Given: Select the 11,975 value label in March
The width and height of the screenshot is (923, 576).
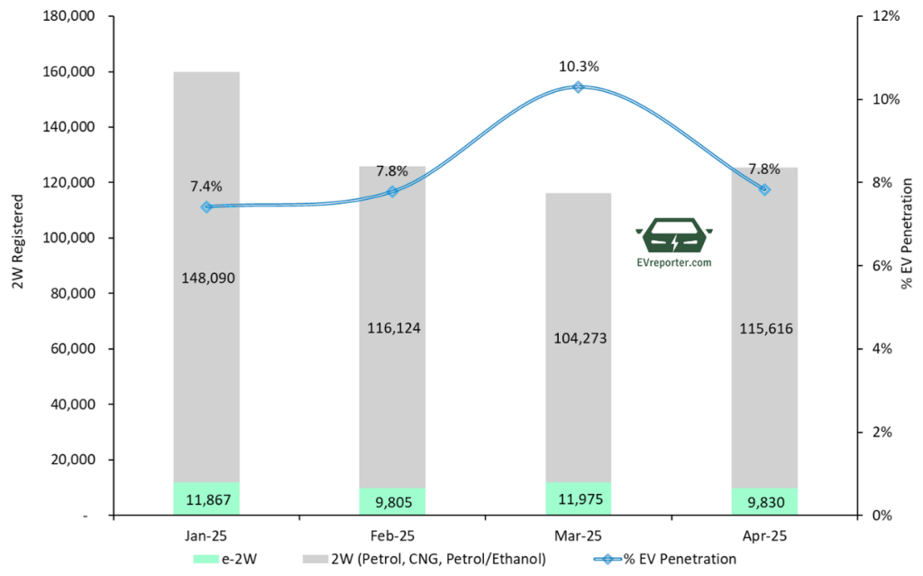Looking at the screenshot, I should click(578, 499).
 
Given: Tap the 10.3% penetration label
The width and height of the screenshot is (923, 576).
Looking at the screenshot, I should click(578, 67).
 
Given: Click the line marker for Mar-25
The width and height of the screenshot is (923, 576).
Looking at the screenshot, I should click(578, 87).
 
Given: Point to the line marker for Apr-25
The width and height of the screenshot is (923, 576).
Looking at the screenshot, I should click(764, 190).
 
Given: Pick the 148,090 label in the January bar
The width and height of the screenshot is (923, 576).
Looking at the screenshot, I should click(206, 279).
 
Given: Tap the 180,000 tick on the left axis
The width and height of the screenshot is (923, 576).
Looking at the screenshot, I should click(67, 16).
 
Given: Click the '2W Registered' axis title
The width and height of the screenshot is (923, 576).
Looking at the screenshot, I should click(17, 248).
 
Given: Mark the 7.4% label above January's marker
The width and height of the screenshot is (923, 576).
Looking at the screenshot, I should click(206, 187).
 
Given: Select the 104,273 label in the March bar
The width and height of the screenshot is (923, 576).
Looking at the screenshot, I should click(578, 338).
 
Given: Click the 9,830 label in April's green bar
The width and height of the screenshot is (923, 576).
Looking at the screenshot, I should click(764, 501).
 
